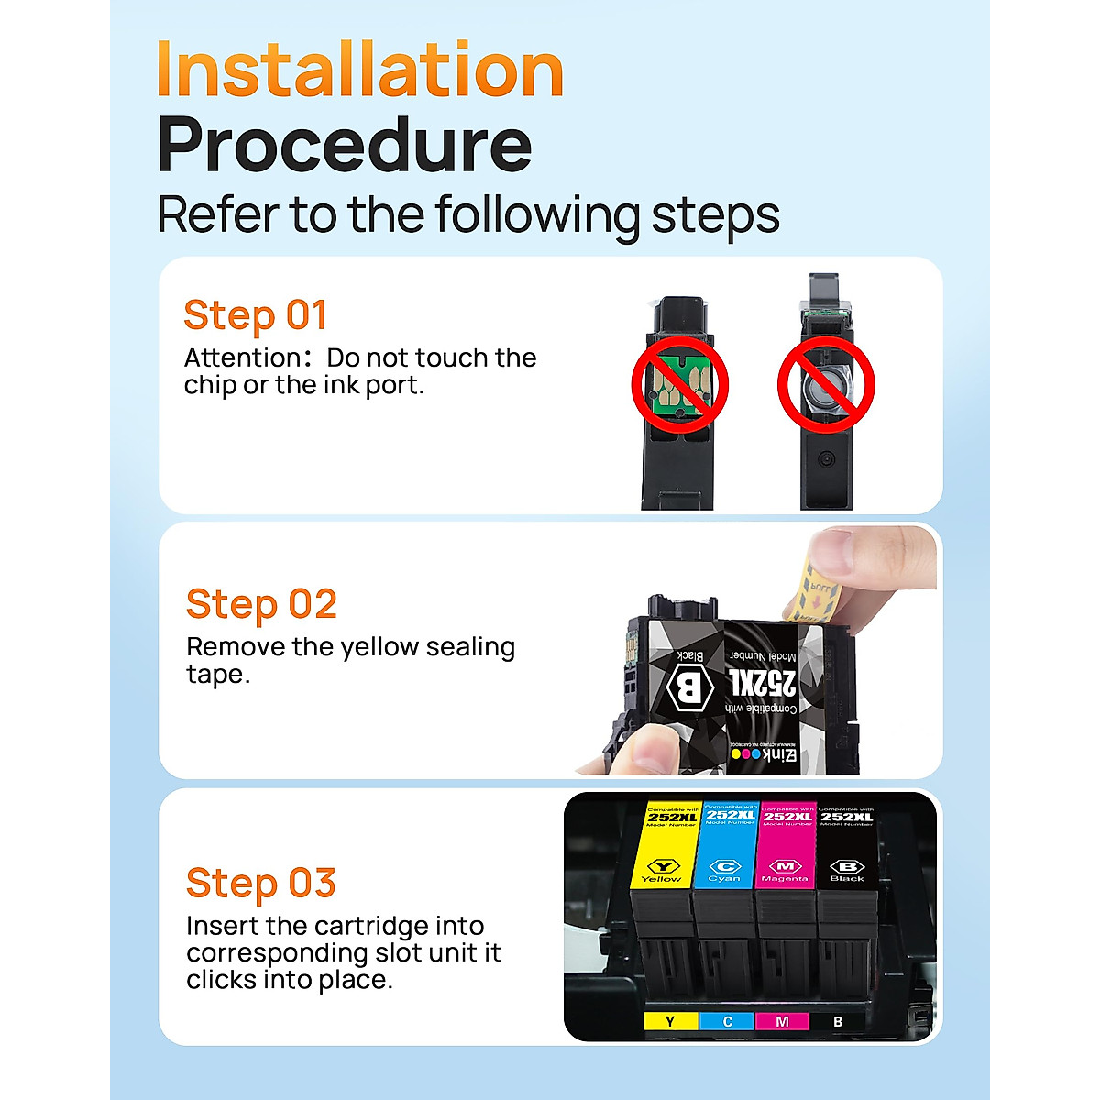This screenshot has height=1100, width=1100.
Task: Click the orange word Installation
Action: click(359, 70)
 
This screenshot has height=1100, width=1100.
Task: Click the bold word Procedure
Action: click(344, 145)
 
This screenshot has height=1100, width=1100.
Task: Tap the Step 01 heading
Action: click(255, 315)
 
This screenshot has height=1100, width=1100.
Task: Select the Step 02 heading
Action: click(261, 604)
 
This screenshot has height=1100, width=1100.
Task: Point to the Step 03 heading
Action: click(260, 884)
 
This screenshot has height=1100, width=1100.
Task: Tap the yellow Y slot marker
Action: click(670, 1021)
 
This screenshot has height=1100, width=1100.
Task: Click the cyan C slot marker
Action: click(727, 1021)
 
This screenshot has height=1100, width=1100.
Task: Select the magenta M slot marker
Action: click(782, 1021)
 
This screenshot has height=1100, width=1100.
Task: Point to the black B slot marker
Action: click(838, 1021)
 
